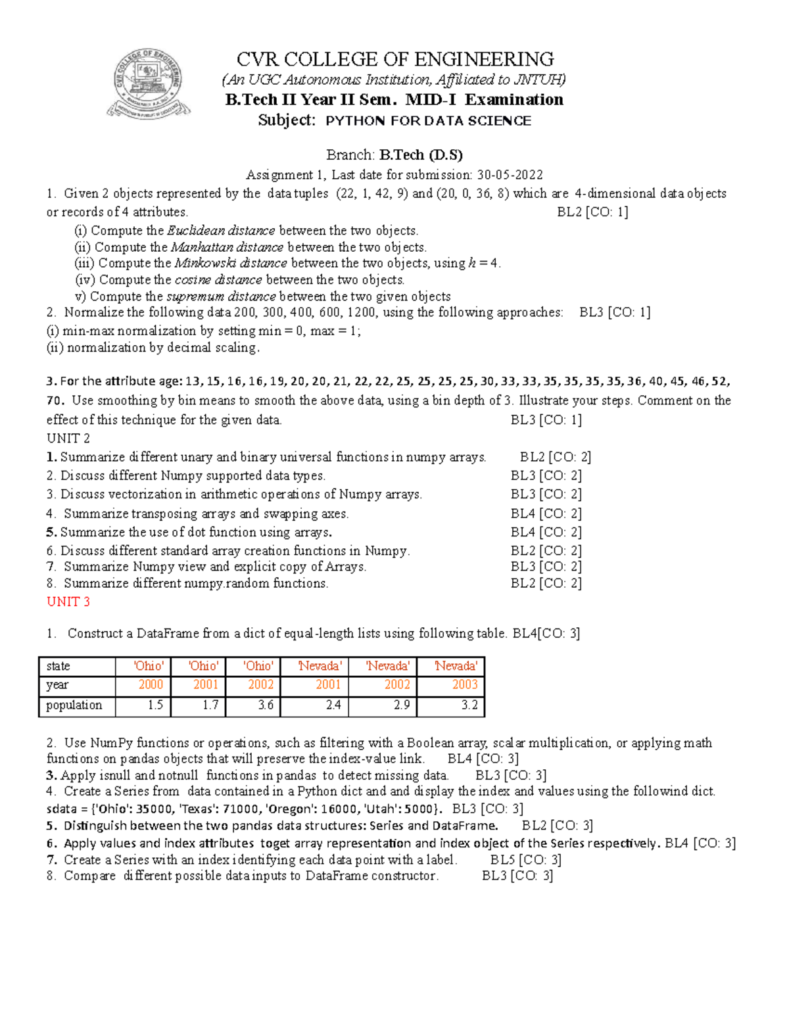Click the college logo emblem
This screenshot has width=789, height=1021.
(x=149, y=84)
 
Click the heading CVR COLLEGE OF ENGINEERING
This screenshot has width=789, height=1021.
(x=394, y=59)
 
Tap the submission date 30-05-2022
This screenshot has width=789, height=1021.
(x=510, y=175)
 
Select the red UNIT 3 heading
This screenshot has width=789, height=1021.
(x=68, y=602)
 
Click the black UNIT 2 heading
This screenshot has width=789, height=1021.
(x=68, y=438)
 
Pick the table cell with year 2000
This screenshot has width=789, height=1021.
(x=151, y=684)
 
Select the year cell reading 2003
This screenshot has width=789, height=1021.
(x=464, y=684)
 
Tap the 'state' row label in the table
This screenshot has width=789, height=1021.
(x=58, y=666)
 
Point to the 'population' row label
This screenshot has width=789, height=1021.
(x=74, y=705)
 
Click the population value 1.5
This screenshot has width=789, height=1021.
(x=155, y=705)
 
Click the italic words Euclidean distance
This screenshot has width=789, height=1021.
(x=221, y=231)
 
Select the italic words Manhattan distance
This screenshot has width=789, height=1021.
(x=227, y=247)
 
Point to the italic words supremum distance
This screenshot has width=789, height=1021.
(x=221, y=297)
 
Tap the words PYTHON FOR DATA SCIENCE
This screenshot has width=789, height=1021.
(x=428, y=121)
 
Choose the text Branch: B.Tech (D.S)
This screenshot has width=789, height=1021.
(x=394, y=155)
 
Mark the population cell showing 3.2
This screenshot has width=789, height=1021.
(x=469, y=705)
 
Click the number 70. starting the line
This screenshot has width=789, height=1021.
(x=55, y=400)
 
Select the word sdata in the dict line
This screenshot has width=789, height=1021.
(x=62, y=809)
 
